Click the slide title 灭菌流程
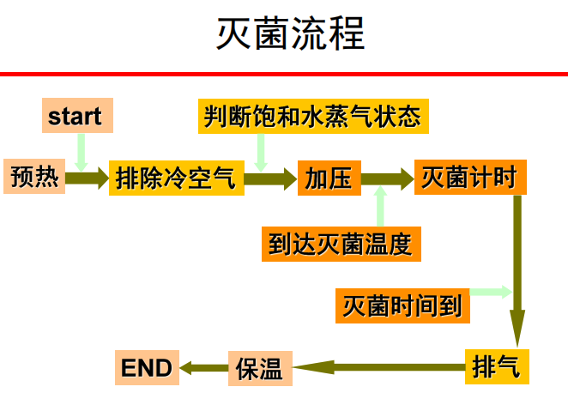291,35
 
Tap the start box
76,117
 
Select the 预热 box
34,178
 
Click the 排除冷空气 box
175,178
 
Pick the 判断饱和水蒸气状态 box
312,116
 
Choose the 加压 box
329,178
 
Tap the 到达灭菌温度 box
341,245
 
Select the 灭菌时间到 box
402,305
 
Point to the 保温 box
259,367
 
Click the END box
147,367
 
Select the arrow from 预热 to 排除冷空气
87,178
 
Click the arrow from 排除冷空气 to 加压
269,178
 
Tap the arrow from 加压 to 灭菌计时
387,178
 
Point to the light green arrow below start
82,151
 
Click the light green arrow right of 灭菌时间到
492,293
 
